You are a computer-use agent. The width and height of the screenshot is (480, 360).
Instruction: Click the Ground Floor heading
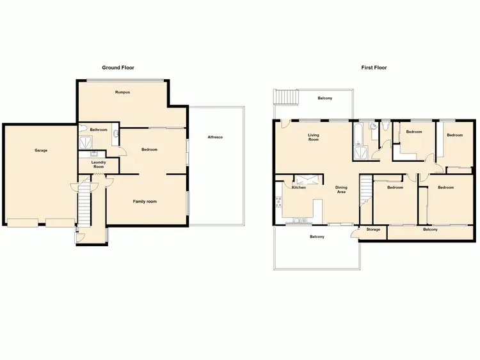(118, 67)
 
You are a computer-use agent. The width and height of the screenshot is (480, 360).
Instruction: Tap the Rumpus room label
(122, 92)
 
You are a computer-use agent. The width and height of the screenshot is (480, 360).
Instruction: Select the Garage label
(41, 150)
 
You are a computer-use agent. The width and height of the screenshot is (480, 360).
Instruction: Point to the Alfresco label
(215, 137)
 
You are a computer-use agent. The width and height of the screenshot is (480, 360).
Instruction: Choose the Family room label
(145, 201)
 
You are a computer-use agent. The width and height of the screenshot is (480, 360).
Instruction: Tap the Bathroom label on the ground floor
(99, 130)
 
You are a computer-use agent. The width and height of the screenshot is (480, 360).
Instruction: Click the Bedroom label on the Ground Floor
(149, 150)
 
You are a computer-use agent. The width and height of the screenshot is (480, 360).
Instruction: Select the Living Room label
(313, 137)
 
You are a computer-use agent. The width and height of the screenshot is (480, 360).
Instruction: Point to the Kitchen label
(299, 187)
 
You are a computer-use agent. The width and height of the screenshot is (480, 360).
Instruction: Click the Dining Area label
(341, 189)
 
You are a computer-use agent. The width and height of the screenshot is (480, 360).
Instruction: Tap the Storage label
(373, 229)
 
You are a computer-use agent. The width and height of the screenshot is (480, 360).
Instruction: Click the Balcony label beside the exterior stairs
(325, 98)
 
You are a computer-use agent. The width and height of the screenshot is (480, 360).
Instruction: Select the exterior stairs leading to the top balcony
(283, 97)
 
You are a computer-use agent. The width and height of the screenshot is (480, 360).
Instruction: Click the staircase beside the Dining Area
(366, 191)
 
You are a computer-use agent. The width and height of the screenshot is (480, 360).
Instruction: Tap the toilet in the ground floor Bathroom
(115, 134)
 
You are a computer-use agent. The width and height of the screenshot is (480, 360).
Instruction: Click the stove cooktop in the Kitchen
(279, 203)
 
